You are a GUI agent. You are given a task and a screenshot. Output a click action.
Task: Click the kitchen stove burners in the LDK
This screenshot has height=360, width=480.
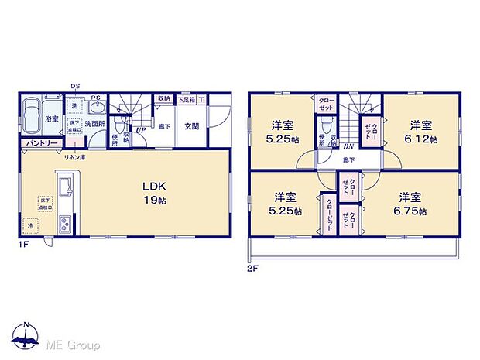(x=63, y=223)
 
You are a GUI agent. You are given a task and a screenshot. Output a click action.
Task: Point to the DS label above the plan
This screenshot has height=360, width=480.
(x=74, y=86)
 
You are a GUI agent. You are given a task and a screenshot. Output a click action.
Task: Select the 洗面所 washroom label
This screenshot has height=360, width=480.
(x=95, y=124)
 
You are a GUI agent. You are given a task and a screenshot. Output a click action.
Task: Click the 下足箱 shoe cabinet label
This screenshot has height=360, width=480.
(x=185, y=99)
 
